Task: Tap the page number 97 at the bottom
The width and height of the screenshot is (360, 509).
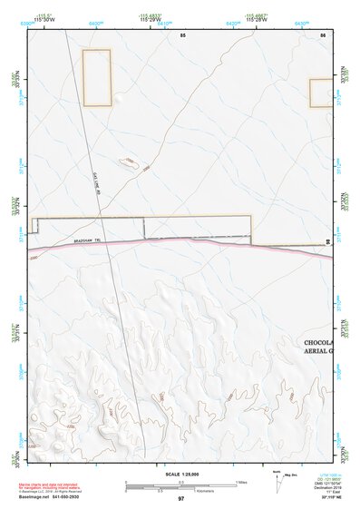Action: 180,498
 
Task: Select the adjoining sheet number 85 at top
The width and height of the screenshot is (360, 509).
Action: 182,34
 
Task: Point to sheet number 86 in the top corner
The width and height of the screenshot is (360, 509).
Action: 322,34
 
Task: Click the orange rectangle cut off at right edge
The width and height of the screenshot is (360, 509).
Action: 321,93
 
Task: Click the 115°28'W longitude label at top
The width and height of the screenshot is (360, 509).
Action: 255,20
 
